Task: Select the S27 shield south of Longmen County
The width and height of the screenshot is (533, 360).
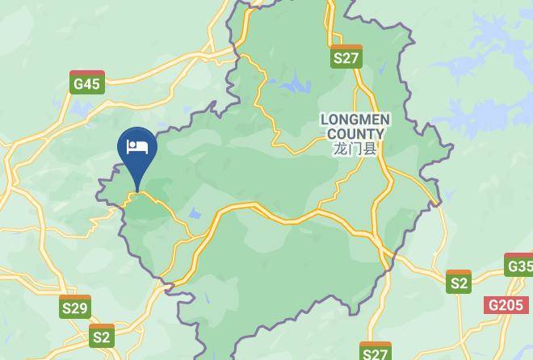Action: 376,352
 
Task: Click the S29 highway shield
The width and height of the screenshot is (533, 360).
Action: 75,307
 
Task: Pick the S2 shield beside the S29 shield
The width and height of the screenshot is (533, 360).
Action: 102,336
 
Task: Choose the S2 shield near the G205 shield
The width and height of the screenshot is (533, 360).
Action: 459,282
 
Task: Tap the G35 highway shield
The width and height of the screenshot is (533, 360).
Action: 519,265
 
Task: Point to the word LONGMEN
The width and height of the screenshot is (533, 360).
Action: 355,119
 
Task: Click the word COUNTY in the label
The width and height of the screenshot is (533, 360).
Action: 355,134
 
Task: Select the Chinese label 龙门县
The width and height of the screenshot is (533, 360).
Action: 355,149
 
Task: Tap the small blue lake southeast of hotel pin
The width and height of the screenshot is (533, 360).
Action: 195,214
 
